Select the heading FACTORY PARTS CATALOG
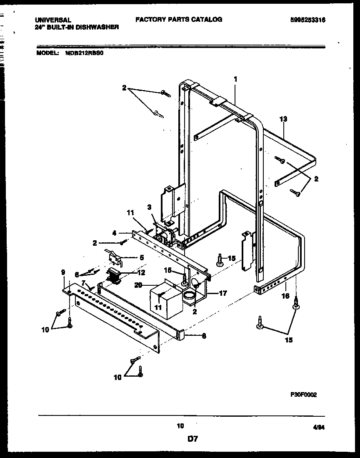[x=179, y=19]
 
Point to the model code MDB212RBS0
[x=84, y=53]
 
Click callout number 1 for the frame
[x=235, y=78]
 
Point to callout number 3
[x=149, y=207]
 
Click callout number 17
[x=223, y=293]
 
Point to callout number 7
[x=83, y=283]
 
